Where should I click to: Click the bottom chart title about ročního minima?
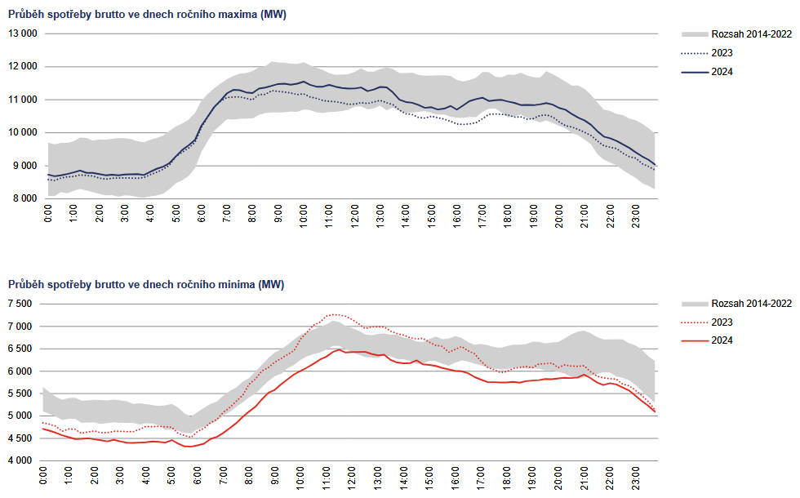click(147, 284)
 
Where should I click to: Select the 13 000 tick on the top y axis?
click(23, 33)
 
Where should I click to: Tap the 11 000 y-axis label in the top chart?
click(23, 100)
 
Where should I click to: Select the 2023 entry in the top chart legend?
click(722, 53)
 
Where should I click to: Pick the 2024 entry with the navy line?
click(722, 72)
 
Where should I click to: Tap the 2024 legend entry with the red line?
click(722, 340)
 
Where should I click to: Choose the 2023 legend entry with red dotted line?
click(722, 322)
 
